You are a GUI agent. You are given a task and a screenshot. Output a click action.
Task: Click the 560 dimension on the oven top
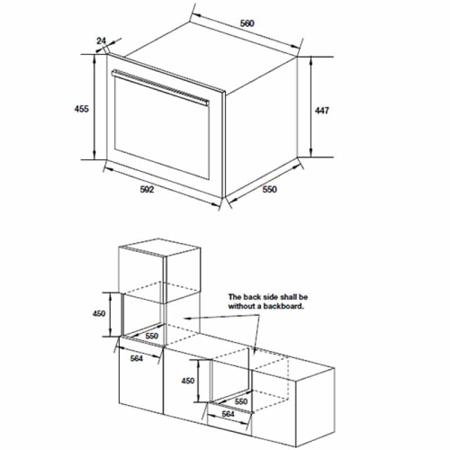click(247, 23)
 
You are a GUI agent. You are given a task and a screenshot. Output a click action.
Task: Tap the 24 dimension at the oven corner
click(101, 40)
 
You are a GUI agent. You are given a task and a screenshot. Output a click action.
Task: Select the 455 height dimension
click(82, 109)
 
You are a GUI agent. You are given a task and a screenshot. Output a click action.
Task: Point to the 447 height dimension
click(322, 110)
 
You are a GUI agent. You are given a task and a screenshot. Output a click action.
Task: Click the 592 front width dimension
click(147, 189)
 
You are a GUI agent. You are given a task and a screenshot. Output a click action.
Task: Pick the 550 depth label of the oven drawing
click(269, 189)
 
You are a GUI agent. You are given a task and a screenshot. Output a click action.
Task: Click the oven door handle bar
click(160, 87)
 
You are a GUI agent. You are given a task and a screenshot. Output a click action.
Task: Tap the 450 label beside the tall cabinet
click(99, 313)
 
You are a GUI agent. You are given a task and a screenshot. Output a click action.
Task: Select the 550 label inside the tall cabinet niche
click(151, 335)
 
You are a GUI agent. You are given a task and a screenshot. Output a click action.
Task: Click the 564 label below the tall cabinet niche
click(136, 358)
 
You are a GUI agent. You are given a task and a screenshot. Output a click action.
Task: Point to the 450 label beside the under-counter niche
click(188, 381)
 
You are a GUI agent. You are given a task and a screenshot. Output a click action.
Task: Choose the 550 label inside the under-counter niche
click(241, 401)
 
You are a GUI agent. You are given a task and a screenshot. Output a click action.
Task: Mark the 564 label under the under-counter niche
click(228, 414)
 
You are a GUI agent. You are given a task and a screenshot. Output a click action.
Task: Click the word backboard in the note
click(283, 306)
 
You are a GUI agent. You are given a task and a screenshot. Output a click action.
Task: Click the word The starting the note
click(235, 297)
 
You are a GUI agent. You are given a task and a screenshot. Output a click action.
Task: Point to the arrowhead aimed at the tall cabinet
click(187, 318)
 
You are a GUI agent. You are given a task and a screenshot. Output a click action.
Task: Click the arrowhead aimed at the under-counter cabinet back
click(255, 349)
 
